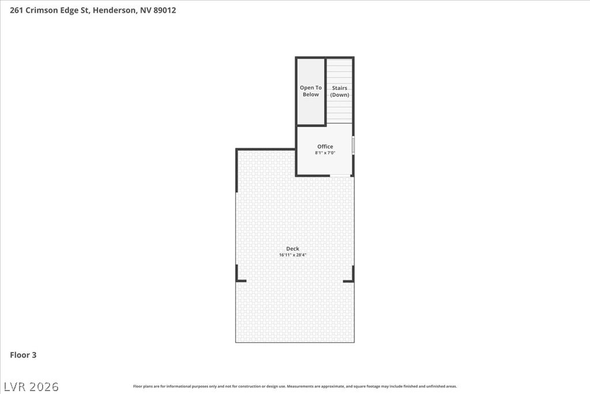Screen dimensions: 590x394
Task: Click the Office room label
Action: pos(325,147)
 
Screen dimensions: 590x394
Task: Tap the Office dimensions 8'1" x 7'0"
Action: pos(325,153)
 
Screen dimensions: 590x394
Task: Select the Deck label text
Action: pos(293,249)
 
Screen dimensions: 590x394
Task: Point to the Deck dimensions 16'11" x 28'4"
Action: pos(293,255)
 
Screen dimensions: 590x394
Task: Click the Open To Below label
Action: pos(311,91)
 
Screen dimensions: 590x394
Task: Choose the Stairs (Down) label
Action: pos(339,92)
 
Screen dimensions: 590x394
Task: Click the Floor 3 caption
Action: pos(23,355)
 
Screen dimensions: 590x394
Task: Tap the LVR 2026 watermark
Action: pos(31,387)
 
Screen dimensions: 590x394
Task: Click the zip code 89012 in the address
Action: pos(164,10)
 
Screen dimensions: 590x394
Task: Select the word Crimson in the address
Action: pos(39,10)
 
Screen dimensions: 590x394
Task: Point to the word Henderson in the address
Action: pos(114,10)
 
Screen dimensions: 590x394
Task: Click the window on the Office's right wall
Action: pos(353,145)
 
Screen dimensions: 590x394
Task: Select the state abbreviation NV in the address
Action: pos(146,10)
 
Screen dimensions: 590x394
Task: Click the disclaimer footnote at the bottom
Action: pos(295,387)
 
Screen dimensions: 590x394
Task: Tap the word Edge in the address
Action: pos(69,10)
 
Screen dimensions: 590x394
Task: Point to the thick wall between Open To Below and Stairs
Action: pos(325,91)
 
